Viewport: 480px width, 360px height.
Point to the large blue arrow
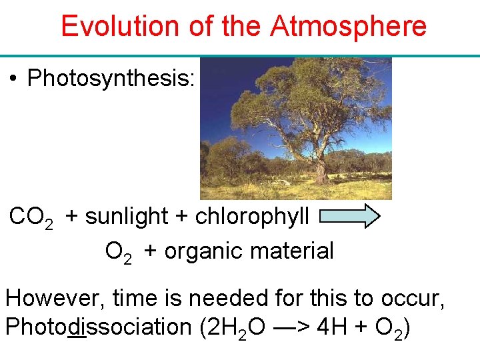350,217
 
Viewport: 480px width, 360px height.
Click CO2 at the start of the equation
31,217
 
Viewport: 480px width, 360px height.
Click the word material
297,251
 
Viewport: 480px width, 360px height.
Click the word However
53,298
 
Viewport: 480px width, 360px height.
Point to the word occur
416,298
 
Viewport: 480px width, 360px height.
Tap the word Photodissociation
98,327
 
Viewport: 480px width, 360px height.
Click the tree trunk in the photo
320,167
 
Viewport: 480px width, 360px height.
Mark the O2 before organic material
118,252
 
